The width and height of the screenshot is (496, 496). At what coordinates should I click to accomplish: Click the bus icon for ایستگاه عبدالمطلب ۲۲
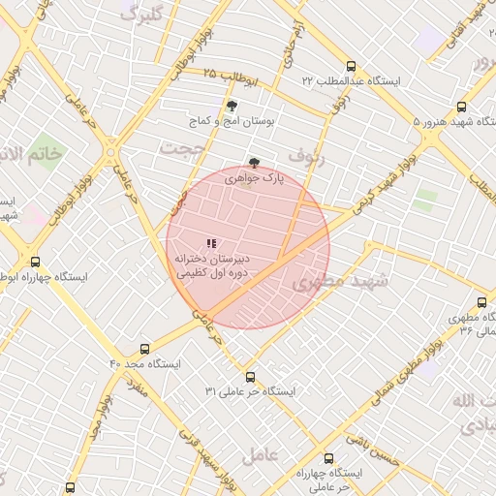pos(350,68)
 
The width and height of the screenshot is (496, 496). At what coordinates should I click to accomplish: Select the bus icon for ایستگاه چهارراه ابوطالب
pos(36,262)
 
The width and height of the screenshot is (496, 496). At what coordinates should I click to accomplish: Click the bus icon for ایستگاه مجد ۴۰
pos(145,349)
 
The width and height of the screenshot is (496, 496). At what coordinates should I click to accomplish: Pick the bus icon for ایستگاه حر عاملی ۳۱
pos(250,377)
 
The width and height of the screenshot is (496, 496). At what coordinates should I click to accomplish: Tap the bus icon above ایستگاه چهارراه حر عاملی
pos(327,458)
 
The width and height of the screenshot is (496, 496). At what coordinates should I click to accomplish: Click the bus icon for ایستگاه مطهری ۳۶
pos(482,302)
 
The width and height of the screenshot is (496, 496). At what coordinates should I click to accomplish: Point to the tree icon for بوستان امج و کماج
pos(231,106)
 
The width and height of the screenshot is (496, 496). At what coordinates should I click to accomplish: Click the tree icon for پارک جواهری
pos(254,163)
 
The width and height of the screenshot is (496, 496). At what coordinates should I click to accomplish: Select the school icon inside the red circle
pos(211,244)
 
